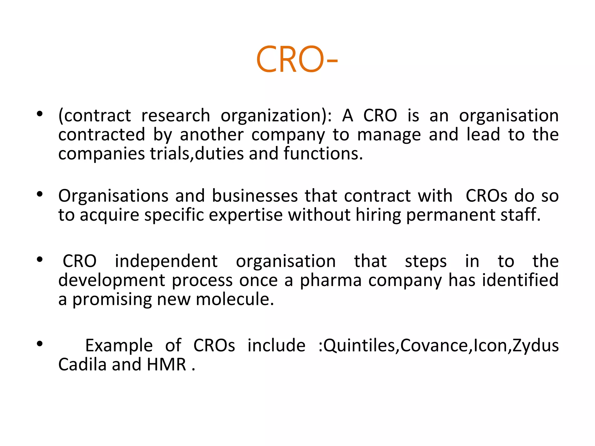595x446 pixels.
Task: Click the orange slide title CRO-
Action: coord(297,60)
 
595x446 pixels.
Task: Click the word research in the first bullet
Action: coord(175,116)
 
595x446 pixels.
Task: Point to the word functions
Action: coord(323,154)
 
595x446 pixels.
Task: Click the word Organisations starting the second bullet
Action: coord(113,196)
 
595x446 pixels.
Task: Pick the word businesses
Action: coord(255,196)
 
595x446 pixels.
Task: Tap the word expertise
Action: coord(246,215)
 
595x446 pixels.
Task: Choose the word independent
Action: coord(166,261)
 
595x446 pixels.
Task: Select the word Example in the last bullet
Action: coord(119,346)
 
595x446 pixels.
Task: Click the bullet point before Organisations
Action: coord(40,194)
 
